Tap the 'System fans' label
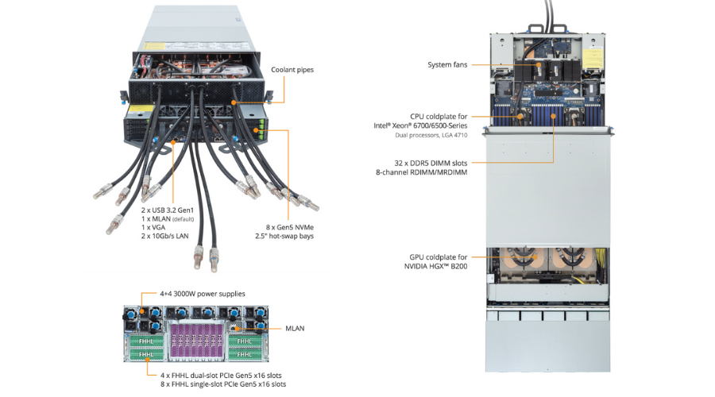(x=448, y=65)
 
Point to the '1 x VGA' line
(x=154, y=227)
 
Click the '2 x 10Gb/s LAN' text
(x=164, y=236)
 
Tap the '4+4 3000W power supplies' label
(x=203, y=294)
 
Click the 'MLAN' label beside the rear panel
(x=296, y=327)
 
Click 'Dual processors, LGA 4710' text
(x=431, y=135)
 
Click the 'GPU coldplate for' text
(x=437, y=257)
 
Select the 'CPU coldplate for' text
(x=439, y=116)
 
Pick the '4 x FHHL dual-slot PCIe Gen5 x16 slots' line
(x=220, y=375)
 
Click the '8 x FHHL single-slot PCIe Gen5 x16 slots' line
(x=223, y=384)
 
